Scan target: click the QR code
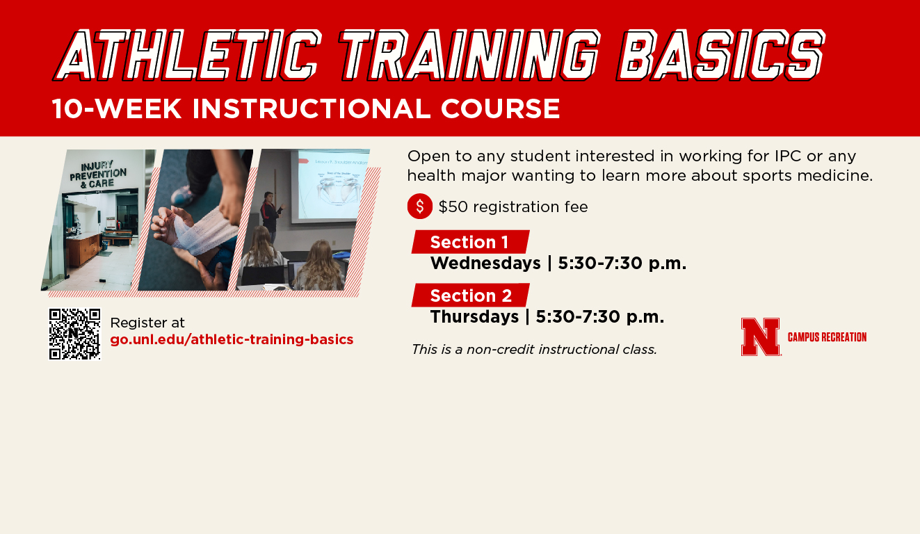coord(74,334)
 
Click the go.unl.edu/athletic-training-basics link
coord(232,340)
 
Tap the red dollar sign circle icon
coord(420,206)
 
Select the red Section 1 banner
coord(470,242)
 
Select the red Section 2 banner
coord(470,296)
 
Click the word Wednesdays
coord(485,264)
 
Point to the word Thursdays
coord(474,316)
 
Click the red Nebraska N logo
coord(760,337)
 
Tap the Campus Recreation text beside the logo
coord(827,337)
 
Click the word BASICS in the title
coord(720,55)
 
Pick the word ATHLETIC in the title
coord(187,55)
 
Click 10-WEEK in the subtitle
coord(117,109)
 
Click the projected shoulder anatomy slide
coord(332,187)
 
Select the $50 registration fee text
coord(513,207)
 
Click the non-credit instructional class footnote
coord(534,350)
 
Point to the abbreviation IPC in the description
coord(788,156)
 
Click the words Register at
coord(147,323)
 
